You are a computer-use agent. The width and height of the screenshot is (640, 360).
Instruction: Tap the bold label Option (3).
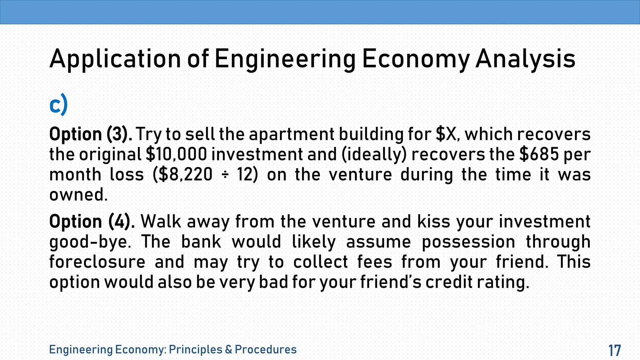[91, 134]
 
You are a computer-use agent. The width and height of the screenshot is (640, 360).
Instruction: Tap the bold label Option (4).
[92, 222]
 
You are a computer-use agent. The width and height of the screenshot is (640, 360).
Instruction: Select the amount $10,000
[176, 154]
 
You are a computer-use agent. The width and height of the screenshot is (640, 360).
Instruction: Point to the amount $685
[538, 154]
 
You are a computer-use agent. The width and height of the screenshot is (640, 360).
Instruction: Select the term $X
[448, 134]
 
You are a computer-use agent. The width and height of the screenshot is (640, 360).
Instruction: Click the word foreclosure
[97, 262]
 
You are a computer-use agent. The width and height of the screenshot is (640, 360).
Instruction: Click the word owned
[78, 195]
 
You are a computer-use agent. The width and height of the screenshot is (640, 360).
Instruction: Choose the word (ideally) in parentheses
[374, 154]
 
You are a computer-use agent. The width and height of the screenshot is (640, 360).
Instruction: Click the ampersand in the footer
[228, 349]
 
